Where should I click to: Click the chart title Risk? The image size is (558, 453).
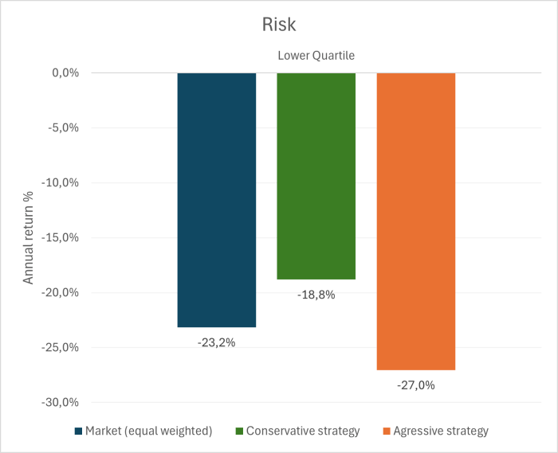[x=279, y=25]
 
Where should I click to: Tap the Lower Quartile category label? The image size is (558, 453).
[x=316, y=56]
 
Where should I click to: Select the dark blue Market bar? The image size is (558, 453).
[x=217, y=199]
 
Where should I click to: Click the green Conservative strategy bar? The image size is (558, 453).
[x=316, y=175]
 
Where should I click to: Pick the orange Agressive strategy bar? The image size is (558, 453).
[x=415, y=221]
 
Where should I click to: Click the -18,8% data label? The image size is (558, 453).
[x=316, y=295]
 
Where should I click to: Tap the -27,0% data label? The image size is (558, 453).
[x=415, y=385]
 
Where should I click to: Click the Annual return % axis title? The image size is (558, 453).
[x=28, y=237]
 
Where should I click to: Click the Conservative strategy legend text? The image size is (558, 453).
[x=303, y=431]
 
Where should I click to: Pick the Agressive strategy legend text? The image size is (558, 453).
[x=442, y=431]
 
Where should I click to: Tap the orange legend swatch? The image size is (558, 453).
[x=387, y=432]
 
